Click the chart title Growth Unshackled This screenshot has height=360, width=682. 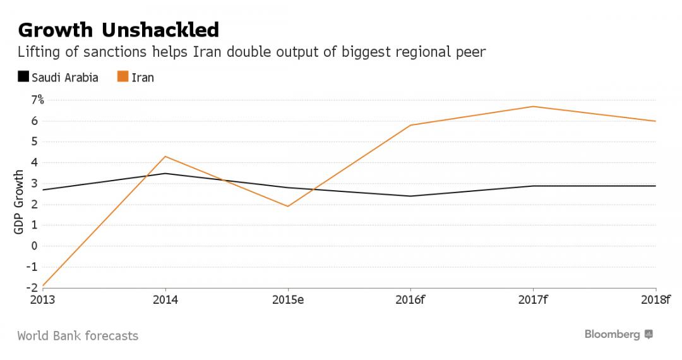click(x=119, y=30)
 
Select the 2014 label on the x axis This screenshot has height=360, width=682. click(x=165, y=299)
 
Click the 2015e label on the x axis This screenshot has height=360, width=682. click(x=288, y=299)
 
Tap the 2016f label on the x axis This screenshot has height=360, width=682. click(x=411, y=299)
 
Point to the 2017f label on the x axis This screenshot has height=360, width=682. click(x=534, y=299)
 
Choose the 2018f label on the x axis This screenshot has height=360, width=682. click(x=656, y=299)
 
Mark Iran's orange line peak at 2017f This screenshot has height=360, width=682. click(x=534, y=106)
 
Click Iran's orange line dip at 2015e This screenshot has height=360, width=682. click(x=288, y=207)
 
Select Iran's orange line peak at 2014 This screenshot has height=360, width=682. click(x=165, y=156)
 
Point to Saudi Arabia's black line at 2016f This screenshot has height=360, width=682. click(x=411, y=196)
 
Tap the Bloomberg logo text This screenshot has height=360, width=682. click(x=612, y=334)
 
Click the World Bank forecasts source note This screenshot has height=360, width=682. click(x=78, y=335)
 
